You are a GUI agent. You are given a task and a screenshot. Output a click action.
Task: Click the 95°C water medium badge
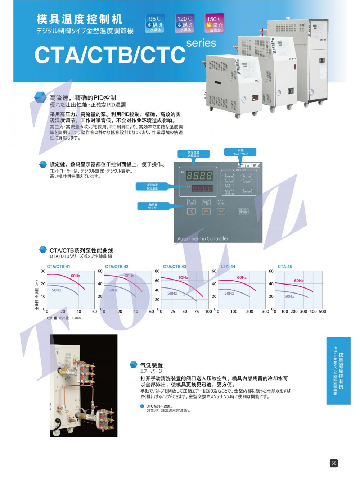(155, 24)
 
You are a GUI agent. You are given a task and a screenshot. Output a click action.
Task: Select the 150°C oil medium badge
(215, 24)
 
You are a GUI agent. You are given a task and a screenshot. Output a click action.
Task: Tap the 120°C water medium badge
(185, 24)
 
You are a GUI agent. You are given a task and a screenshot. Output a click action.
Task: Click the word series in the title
(201, 43)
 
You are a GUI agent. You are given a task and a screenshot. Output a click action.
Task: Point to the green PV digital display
(199, 176)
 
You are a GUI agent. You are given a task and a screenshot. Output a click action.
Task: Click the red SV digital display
(202, 188)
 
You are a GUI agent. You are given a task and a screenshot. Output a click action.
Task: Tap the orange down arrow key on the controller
(221, 211)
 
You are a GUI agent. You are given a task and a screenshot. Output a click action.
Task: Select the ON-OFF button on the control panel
(243, 211)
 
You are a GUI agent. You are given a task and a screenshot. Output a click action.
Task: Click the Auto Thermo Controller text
(203, 238)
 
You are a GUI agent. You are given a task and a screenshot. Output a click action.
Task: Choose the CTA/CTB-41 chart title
(58, 267)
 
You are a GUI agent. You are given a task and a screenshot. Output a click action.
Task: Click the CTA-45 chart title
(285, 267)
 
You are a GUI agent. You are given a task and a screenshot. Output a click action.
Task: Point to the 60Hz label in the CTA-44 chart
(242, 277)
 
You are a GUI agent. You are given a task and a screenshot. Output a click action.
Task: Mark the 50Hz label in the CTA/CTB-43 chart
(172, 293)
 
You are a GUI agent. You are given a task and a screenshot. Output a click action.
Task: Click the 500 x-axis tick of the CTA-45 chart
(322, 312)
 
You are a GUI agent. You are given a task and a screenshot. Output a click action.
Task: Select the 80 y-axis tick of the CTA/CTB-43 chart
(157, 271)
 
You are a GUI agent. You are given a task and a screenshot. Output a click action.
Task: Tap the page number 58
(334, 463)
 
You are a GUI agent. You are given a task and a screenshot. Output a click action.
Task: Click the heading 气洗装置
(151, 365)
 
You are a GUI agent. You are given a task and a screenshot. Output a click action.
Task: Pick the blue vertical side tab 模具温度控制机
(338, 371)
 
